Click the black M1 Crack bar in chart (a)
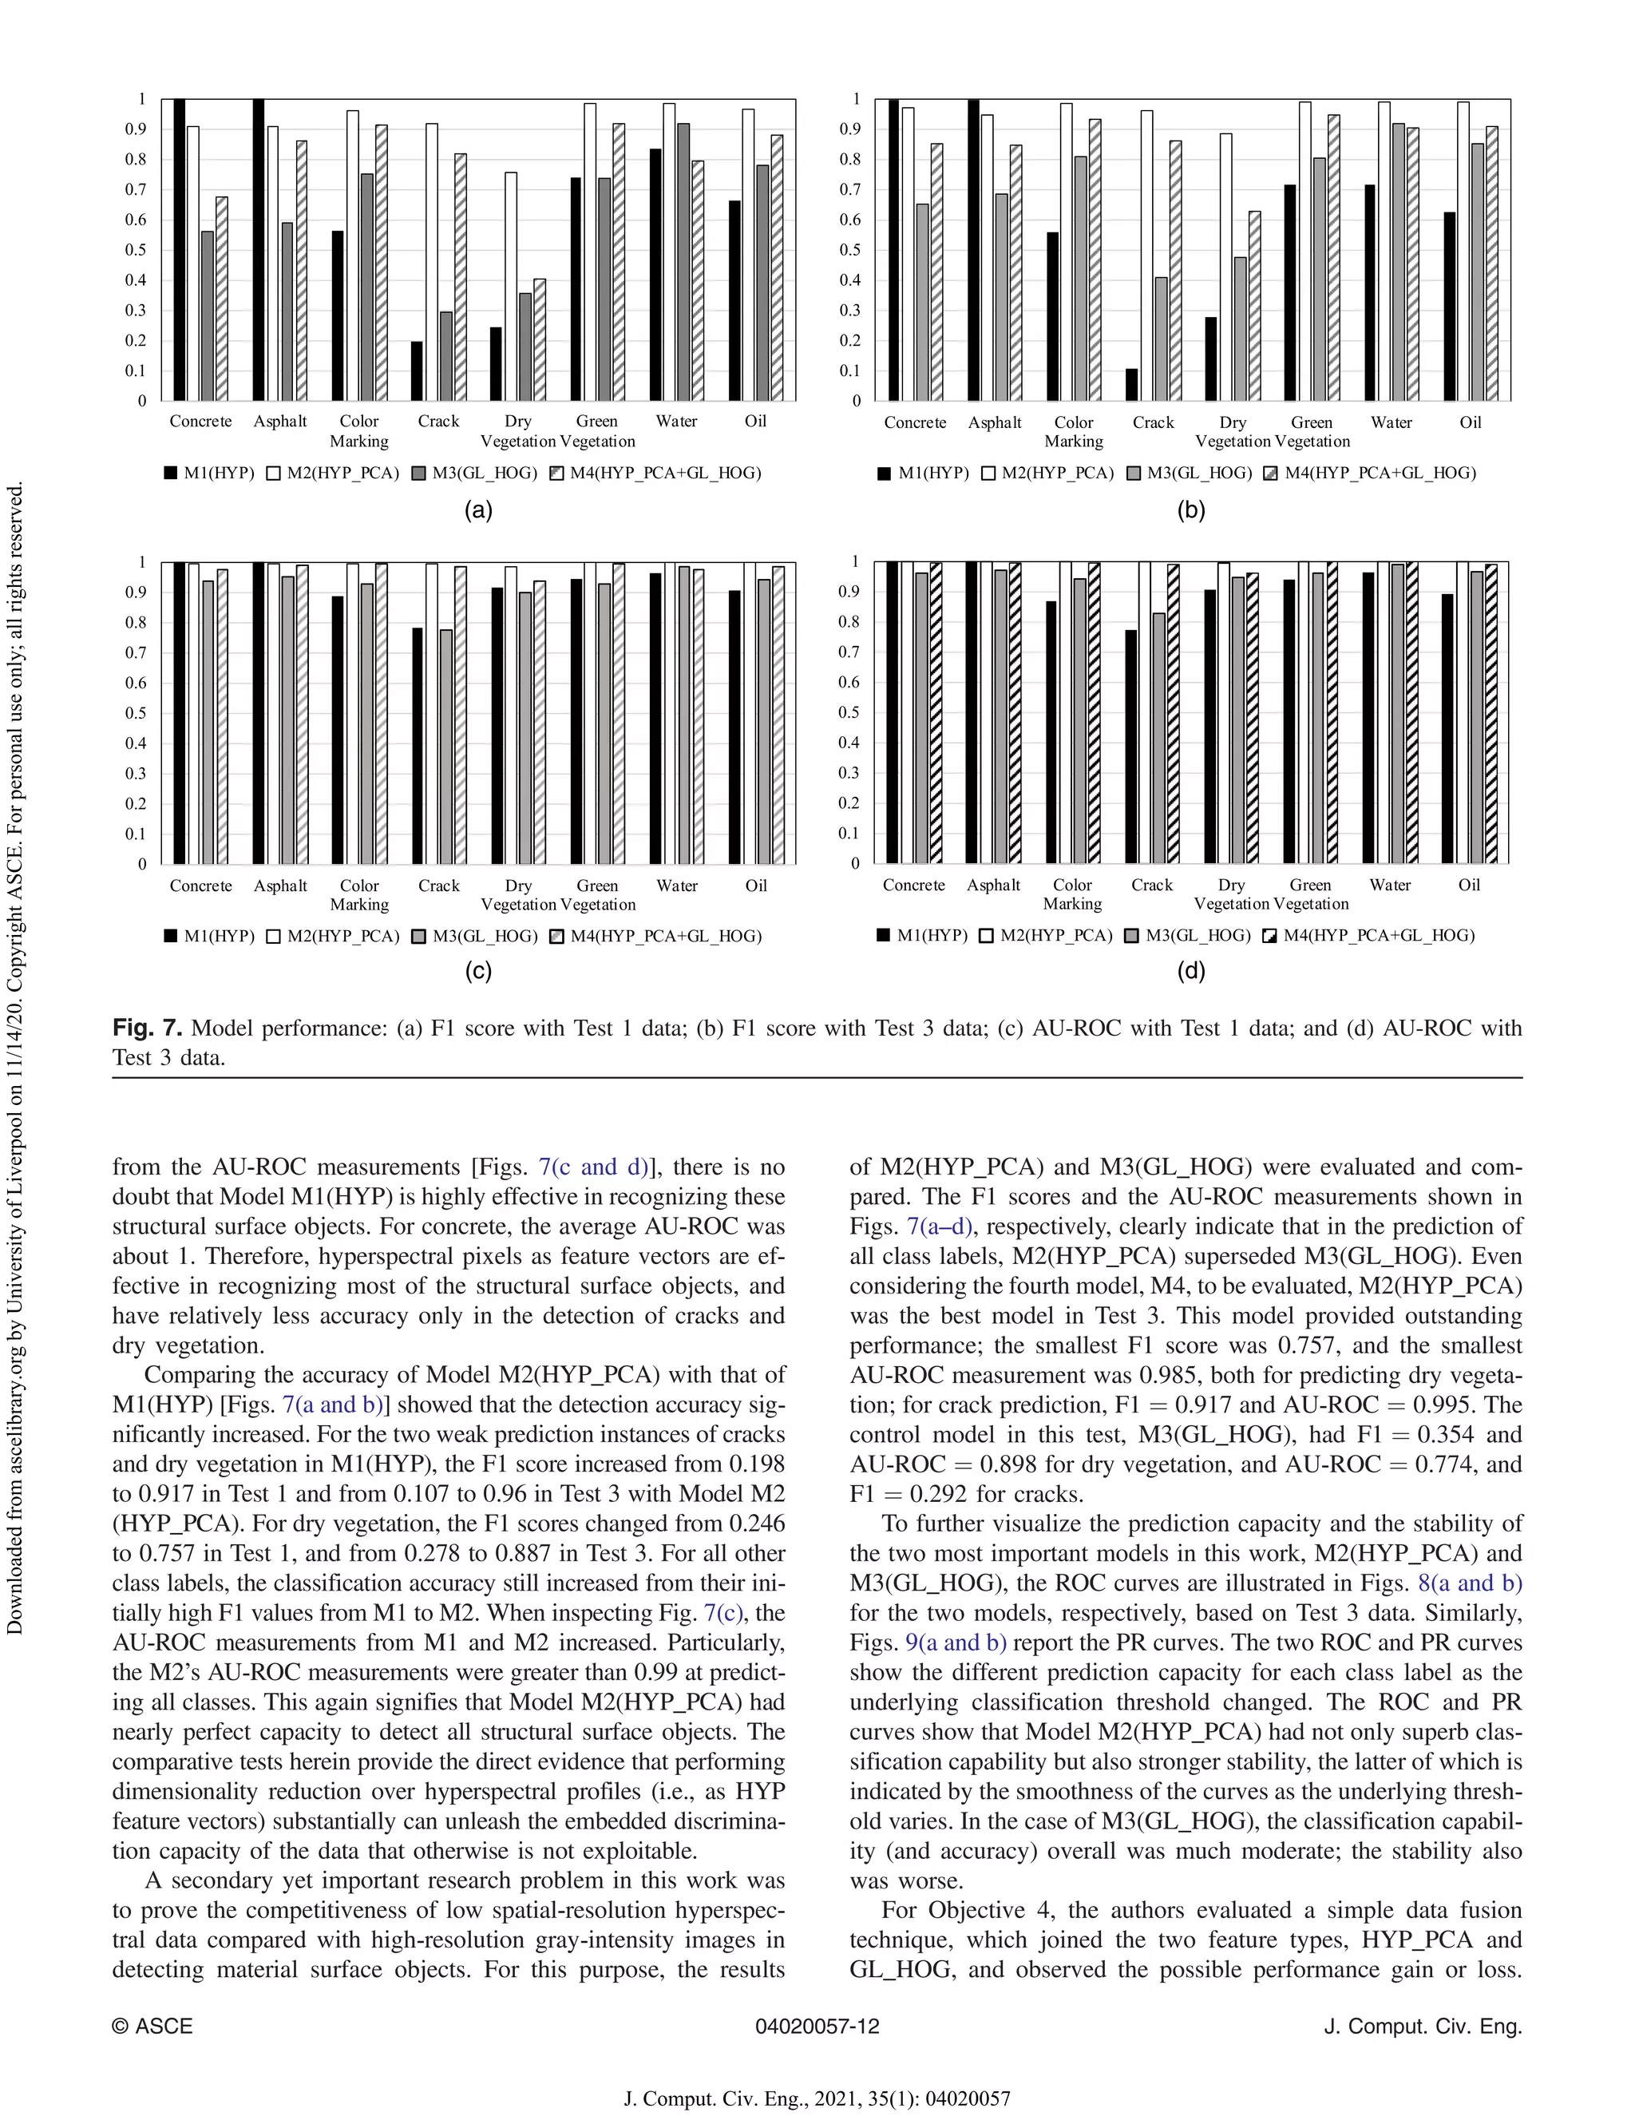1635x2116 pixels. click(x=417, y=371)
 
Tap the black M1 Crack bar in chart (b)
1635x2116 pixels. click(x=1131, y=385)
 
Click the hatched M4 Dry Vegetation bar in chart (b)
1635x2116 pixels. click(x=1254, y=306)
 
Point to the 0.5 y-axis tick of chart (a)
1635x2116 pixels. click(x=141, y=250)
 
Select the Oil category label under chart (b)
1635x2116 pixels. click(x=1471, y=422)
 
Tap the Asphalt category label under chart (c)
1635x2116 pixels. click(x=280, y=886)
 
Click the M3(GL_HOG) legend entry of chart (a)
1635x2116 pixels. click(x=475, y=473)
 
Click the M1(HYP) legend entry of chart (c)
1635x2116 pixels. click(x=209, y=936)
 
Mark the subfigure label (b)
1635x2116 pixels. click(x=1190, y=509)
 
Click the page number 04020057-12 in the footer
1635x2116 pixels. click(x=817, y=2026)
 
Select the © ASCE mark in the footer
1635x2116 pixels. click(x=152, y=2026)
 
